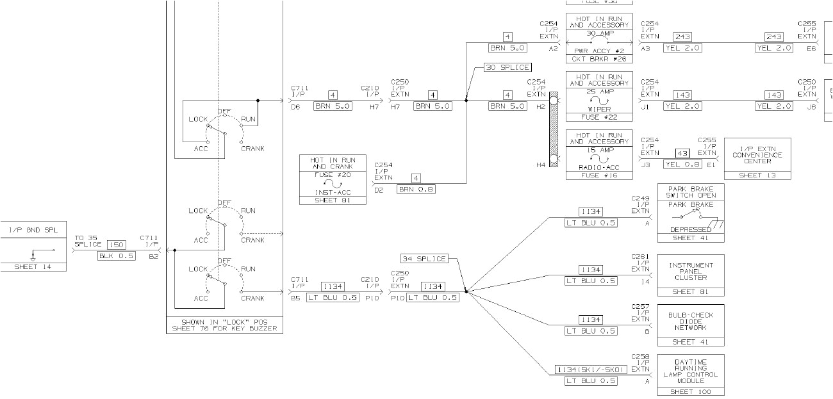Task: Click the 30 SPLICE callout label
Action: click(507, 67)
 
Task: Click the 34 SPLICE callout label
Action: click(424, 259)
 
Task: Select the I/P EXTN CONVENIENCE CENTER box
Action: click(757, 159)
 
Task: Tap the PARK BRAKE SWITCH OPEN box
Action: click(691, 213)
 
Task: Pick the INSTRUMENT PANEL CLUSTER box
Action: click(691, 275)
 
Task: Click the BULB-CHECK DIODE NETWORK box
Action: click(691, 325)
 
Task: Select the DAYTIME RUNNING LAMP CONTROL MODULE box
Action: click(691, 375)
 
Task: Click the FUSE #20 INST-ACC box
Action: click(333, 179)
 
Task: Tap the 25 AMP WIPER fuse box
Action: click(599, 96)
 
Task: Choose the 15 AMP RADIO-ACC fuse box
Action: click(599, 154)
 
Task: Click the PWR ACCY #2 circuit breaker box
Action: click(599, 38)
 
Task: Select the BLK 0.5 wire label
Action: click(116, 256)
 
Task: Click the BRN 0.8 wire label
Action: click(416, 189)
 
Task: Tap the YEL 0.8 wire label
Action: click(682, 164)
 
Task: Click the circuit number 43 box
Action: click(682, 154)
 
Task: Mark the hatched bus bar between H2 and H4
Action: click(553, 130)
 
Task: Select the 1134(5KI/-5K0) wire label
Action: click(590, 370)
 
